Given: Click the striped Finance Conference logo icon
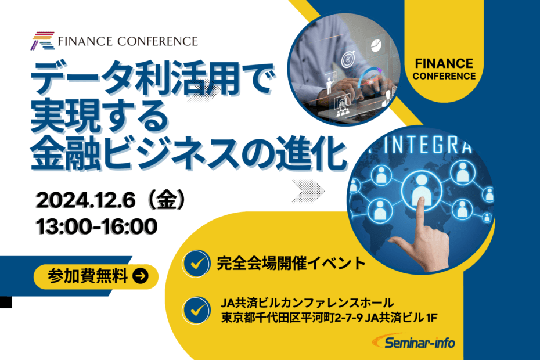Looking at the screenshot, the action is coord(43,41).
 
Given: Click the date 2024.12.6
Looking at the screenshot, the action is coord(86,200).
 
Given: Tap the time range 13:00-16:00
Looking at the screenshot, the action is coord(97,226).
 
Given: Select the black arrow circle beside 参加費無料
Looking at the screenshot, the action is coord(141,276).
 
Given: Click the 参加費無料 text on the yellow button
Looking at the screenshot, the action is coord(88,276).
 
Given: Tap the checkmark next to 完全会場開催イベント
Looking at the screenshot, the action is coord(196,264).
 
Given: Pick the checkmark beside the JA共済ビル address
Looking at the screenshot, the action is coord(196,311).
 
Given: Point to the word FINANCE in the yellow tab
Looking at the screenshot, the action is coord(444,63).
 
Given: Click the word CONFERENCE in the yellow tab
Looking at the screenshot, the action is coord(444,76).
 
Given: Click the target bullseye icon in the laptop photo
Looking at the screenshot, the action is coord(348,59).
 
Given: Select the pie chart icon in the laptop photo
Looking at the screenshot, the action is coord(376,46).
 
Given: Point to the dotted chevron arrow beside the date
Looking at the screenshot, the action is coord(308,191).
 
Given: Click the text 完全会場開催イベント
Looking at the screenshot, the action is coord(291,264).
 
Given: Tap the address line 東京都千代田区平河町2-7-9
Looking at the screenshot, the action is coord(293,318).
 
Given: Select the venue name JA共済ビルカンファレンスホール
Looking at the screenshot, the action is coord(307,303).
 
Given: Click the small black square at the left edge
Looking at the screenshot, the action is coord(6,302).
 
